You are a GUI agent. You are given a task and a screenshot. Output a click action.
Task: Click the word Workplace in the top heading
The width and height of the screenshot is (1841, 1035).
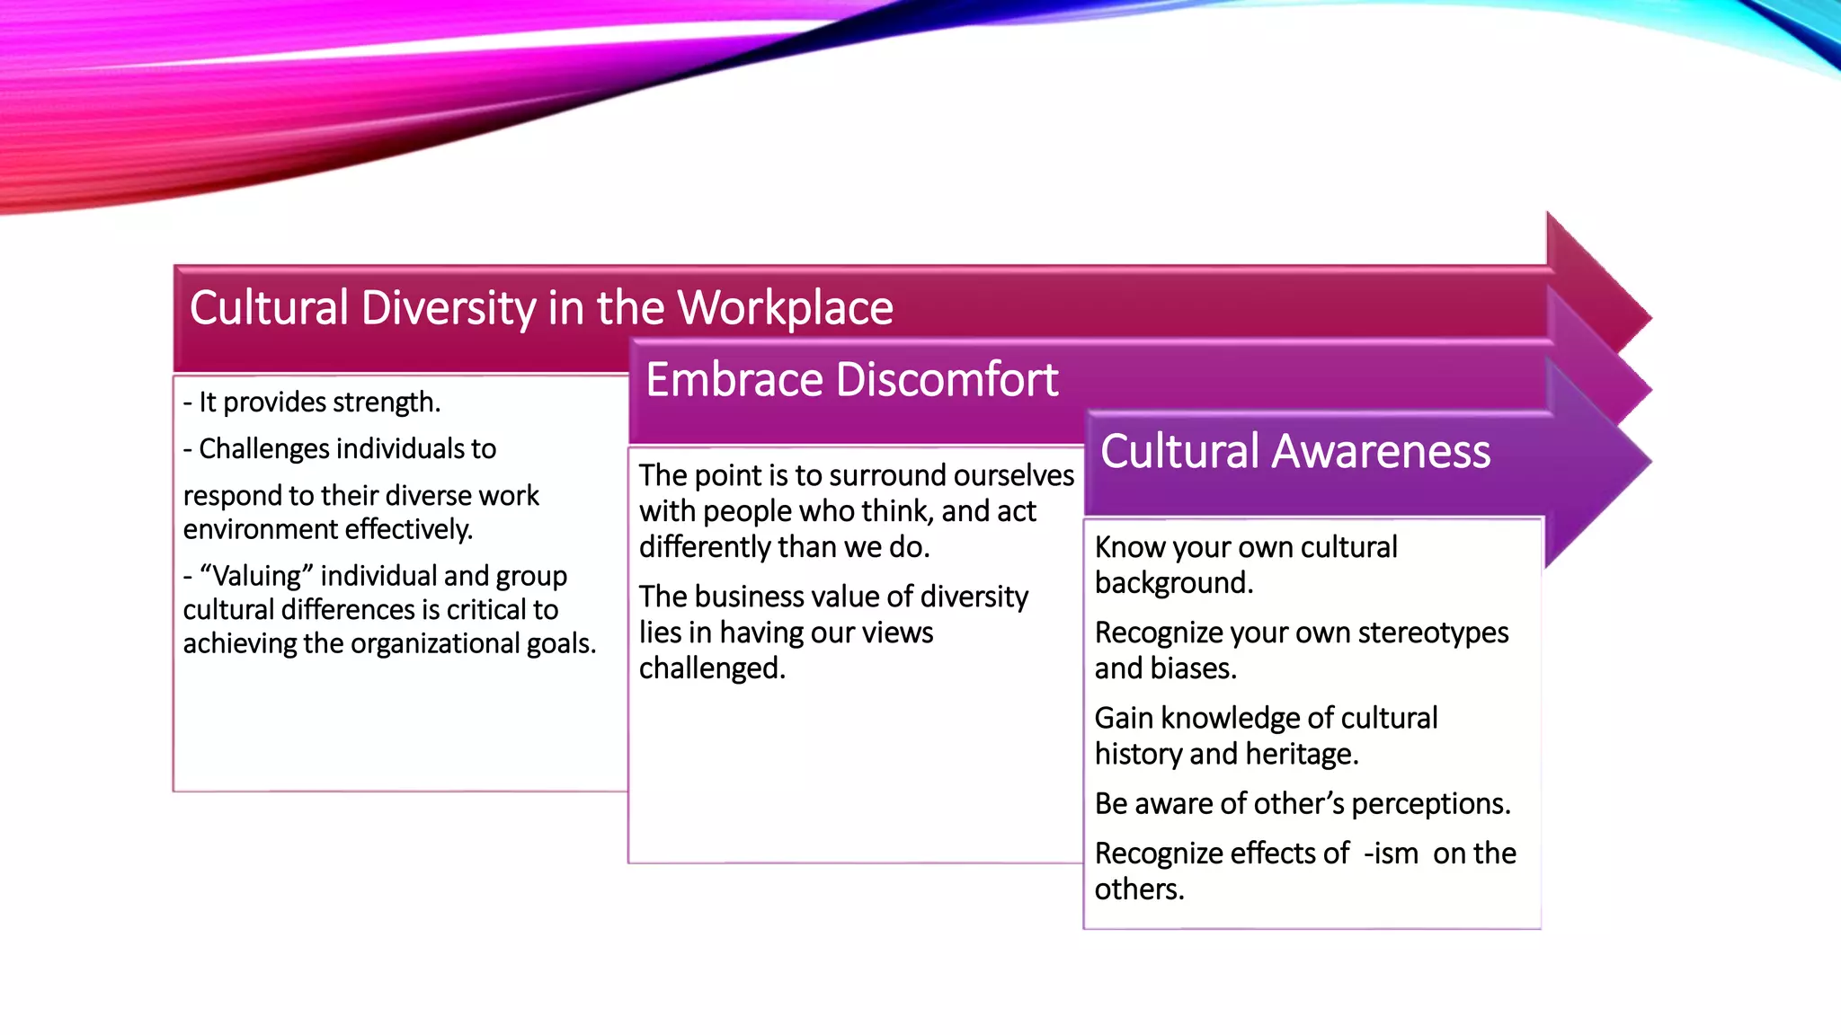click(785, 308)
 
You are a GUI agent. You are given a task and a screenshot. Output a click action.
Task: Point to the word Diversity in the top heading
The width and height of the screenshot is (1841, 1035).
click(449, 308)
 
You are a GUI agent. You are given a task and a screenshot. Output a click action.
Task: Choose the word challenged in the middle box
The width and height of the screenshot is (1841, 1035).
click(711, 668)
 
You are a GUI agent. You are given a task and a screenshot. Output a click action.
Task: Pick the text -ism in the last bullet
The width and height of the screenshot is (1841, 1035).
click(1391, 854)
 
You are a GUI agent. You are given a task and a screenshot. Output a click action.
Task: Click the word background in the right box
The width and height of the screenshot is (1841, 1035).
click(1173, 583)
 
